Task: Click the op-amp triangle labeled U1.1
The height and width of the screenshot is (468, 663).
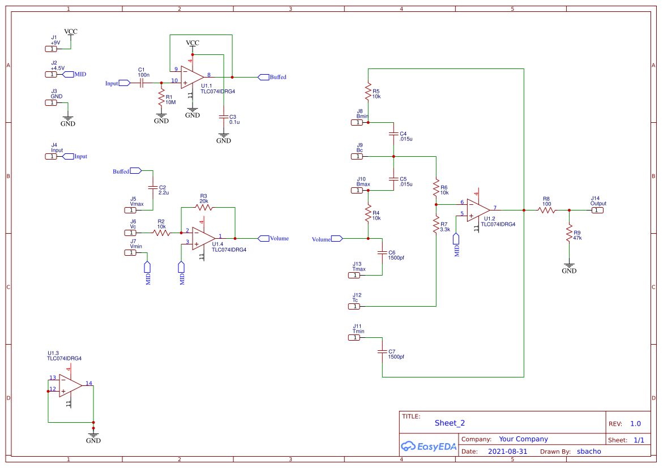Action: pos(191,77)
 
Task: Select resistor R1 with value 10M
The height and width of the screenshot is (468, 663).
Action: pos(161,100)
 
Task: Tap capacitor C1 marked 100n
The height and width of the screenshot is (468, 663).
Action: pos(143,83)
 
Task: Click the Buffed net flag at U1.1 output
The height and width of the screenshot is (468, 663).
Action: pos(263,77)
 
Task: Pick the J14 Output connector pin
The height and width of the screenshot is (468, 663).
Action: pos(597,211)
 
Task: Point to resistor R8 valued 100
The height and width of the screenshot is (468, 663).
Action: pos(546,211)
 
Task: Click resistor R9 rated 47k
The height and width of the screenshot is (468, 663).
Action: pos(569,235)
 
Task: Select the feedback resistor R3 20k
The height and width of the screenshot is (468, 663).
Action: pos(203,208)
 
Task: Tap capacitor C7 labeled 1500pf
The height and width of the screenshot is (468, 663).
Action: pos(382,352)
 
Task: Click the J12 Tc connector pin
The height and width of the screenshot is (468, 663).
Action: pos(353,307)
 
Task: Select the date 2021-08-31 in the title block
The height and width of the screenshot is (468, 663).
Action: pos(507,452)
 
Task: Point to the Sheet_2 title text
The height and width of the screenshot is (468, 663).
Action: pos(450,423)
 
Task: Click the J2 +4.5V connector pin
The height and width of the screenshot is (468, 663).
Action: pos(51,74)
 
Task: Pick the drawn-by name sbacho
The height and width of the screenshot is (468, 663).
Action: pos(589,452)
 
